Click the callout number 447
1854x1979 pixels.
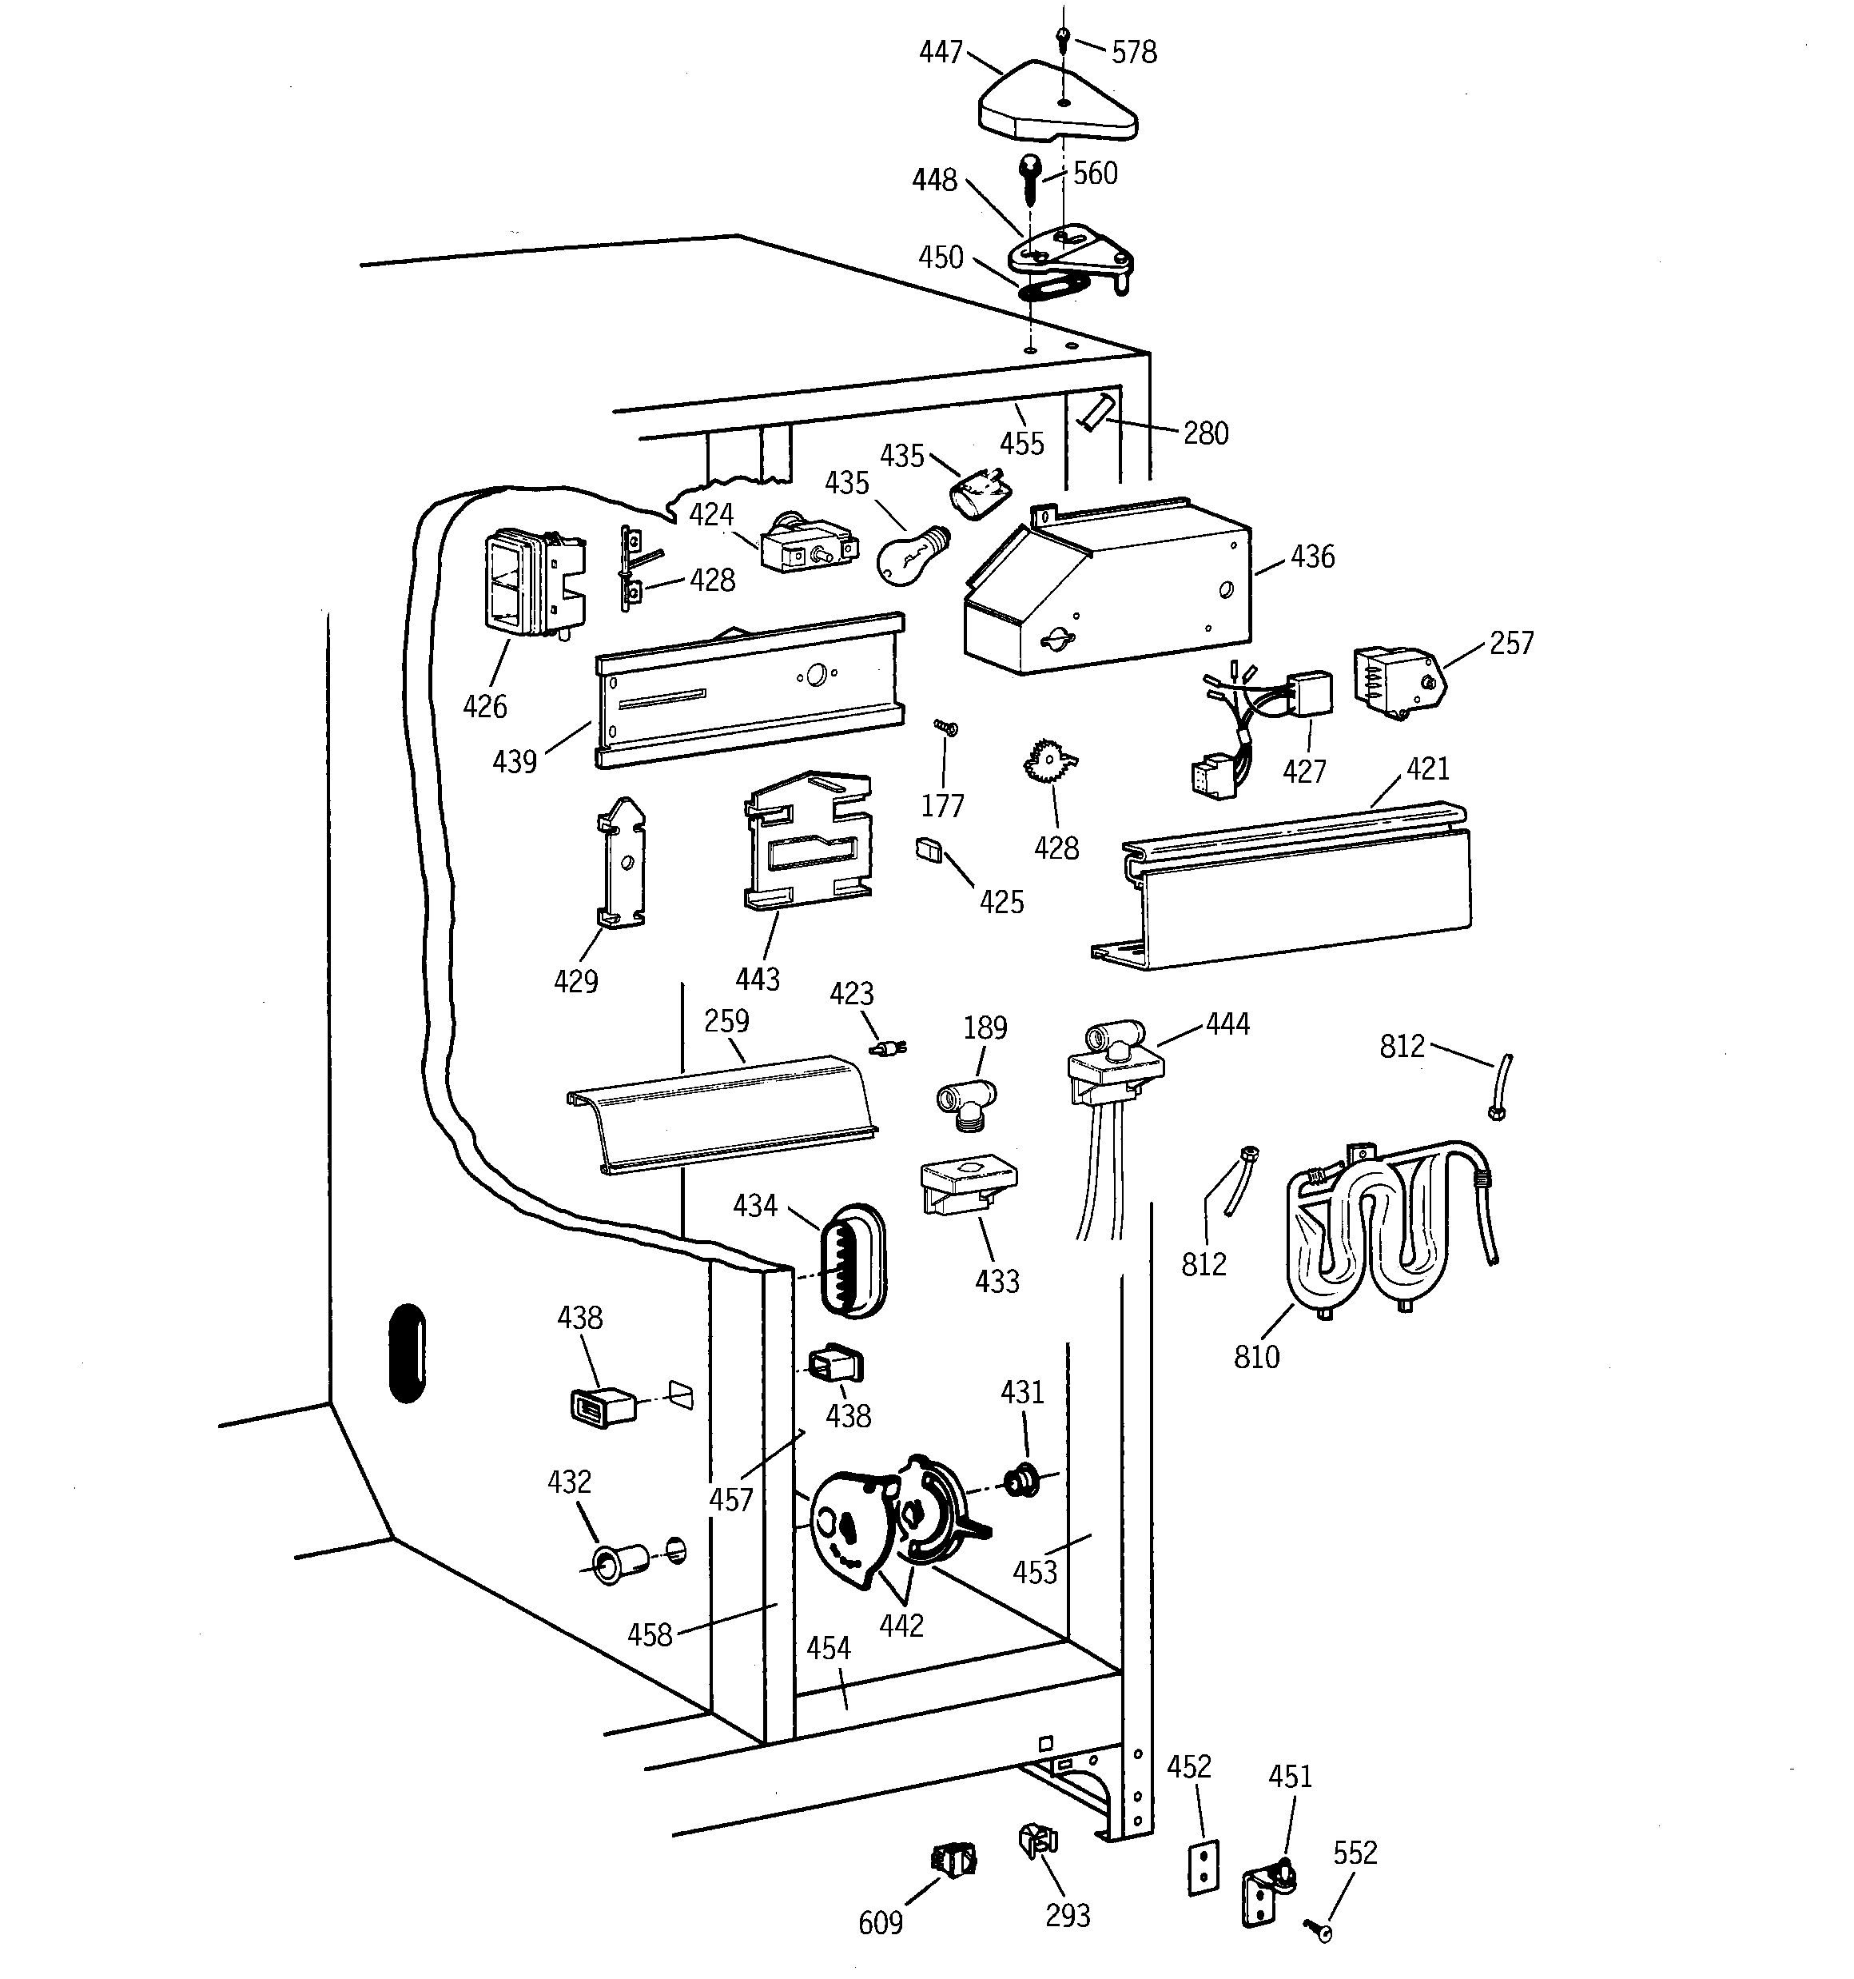pyautogui.click(x=940, y=52)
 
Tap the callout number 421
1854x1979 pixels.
pyautogui.click(x=1427, y=768)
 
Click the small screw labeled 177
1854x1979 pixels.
pyautogui.click(x=945, y=730)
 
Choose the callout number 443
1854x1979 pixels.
pyautogui.click(x=758, y=979)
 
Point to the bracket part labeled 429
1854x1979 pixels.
pyautogui.click(x=621, y=863)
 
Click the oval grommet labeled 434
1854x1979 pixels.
pyautogui.click(x=852, y=1261)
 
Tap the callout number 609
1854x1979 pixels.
pyautogui.click(x=880, y=1923)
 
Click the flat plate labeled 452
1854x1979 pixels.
pyautogui.click(x=1204, y=1868)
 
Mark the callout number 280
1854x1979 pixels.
pyautogui.click(x=1205, y=434)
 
